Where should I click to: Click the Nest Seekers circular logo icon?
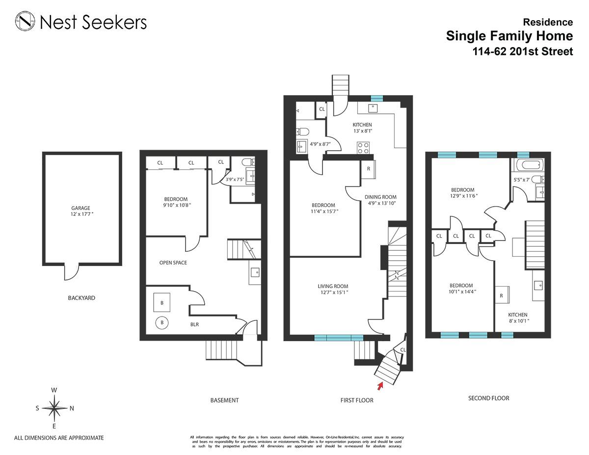tap(25, 21)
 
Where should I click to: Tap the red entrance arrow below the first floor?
tap(380, 386)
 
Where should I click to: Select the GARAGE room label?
tap(81, 208)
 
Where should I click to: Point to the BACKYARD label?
tap(81, 298)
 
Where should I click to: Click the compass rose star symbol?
tap(54, 408)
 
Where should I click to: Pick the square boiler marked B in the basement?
tap(162, 302)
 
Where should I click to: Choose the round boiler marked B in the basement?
tap(162, 323)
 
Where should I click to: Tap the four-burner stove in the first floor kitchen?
tap(363, 148)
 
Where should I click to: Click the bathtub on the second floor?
tap(527, 165)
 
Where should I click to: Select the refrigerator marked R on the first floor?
tap(368, 169)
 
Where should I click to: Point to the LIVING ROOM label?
tap(333, 286)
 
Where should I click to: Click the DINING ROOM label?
tap(380, 197)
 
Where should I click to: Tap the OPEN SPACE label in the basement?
tap(173, 263)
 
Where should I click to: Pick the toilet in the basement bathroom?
tap(248, 162)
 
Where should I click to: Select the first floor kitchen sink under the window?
tap(373, 108)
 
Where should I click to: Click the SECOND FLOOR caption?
tap(489, 398)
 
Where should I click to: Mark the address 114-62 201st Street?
tap(523, 52)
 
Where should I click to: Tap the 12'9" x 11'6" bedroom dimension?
tap(464, 196)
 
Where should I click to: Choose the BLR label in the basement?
tap(194, 324)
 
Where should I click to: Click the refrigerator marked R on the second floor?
tap(502, 296)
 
